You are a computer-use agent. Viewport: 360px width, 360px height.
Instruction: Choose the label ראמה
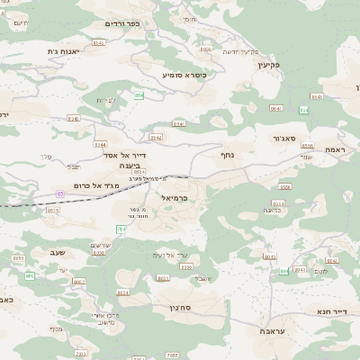tap(335, 149)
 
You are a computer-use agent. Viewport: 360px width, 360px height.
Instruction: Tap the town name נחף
tap(228, 155)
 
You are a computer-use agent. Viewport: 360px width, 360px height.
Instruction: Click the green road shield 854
tap(139, 95)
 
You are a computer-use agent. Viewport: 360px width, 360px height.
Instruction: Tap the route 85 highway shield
tap(60, 193)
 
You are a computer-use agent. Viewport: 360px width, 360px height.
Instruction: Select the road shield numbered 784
tap(121, 229)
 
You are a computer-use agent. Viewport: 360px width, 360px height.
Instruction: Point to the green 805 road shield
tap(30, 275)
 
